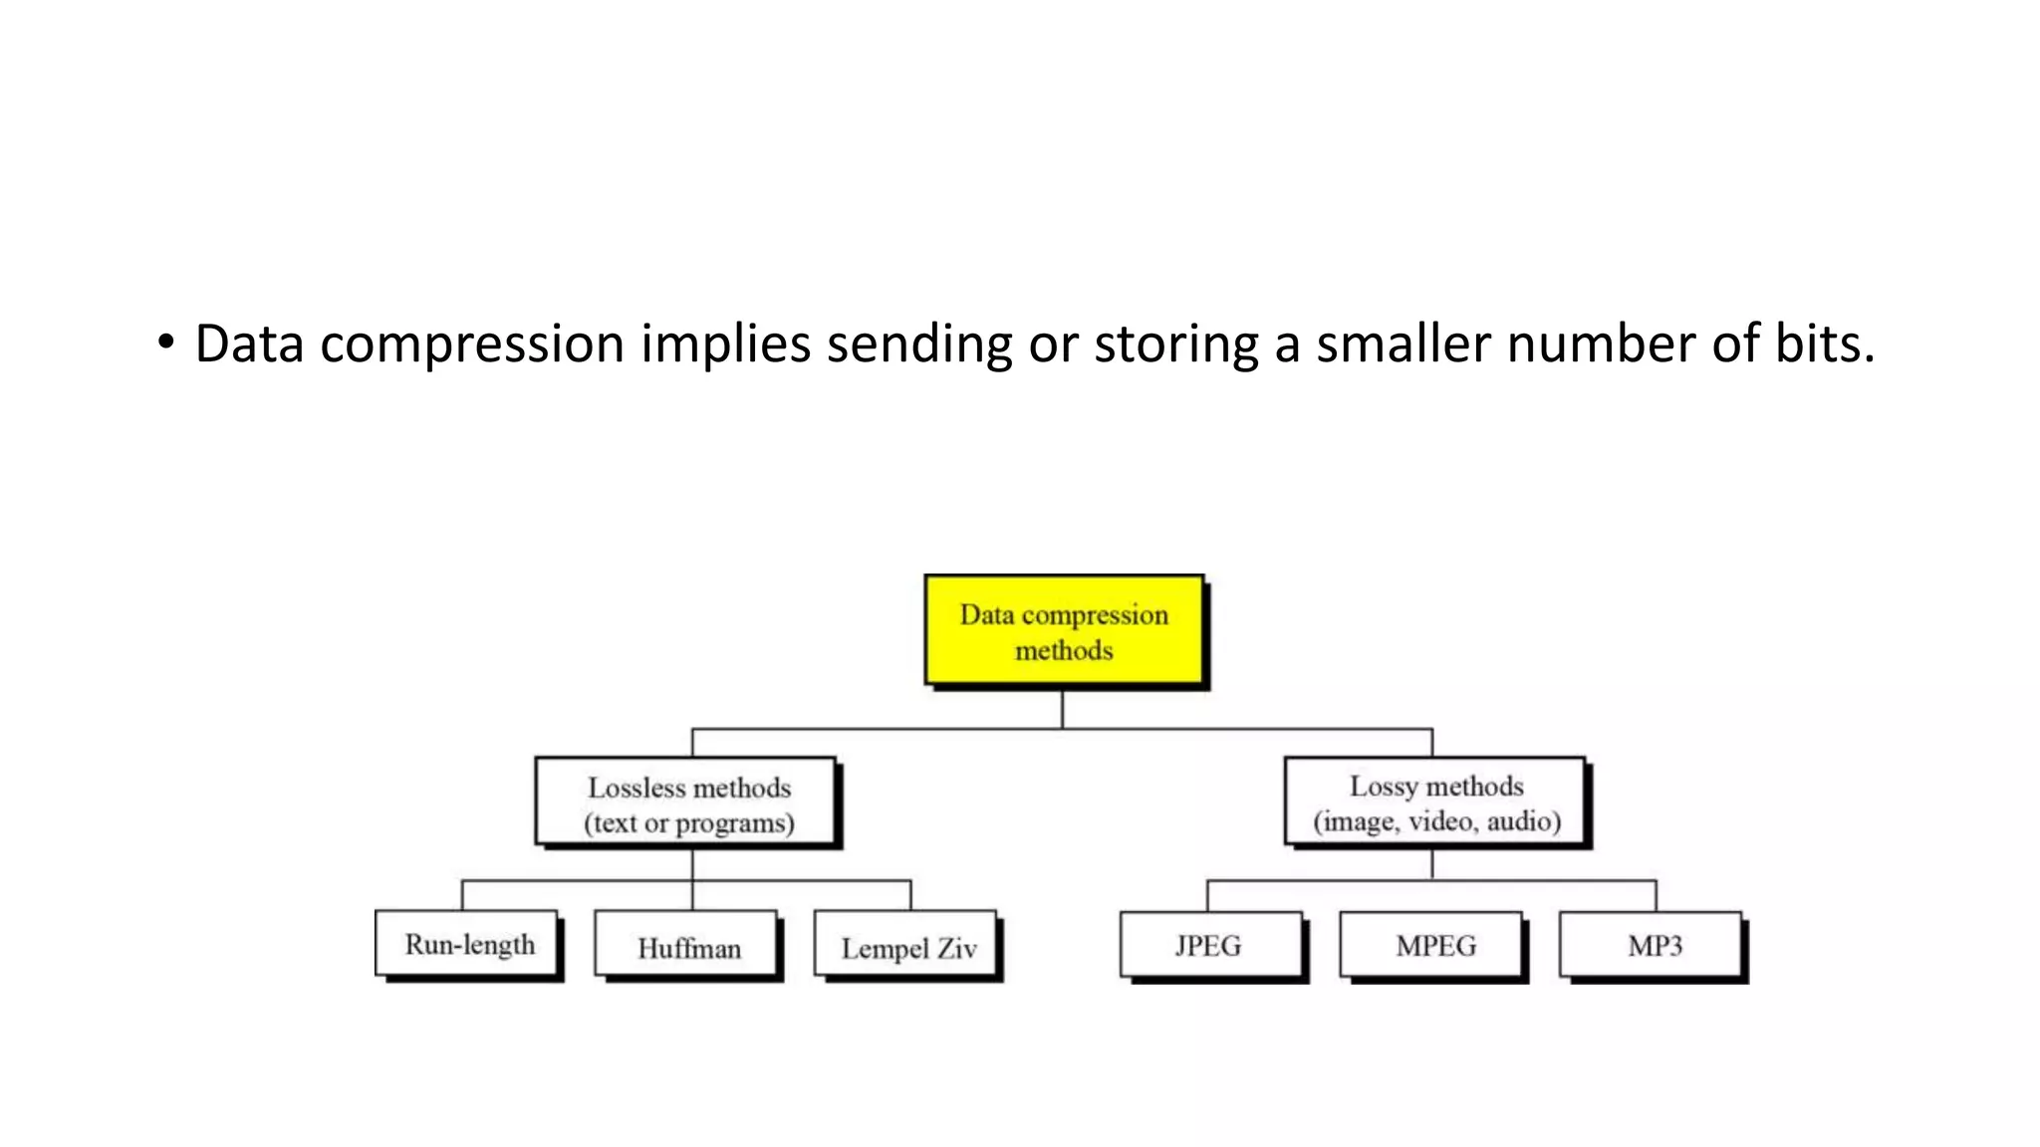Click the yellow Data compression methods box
point(1064,631)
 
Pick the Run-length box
point(467,943)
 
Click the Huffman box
point(687,946)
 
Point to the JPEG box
point(1209,945)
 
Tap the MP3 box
point(1653,945)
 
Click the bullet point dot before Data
point(165,343)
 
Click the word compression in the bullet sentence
point(472,344)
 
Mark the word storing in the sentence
point(1176,344)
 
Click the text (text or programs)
point(688,823)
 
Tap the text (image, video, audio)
point(1436,821)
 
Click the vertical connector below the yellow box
point(1063,709)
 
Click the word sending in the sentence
point(919,344)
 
